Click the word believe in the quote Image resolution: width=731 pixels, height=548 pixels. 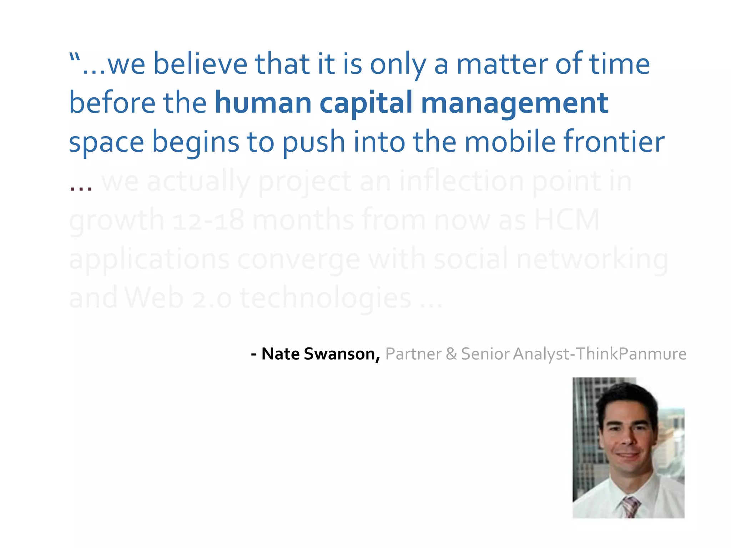(x=200, y=64)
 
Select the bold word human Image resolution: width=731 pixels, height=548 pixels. (x=263, y=103)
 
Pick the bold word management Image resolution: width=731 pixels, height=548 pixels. (x=514, y=103)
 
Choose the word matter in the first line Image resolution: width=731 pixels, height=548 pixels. (x=501, y=64)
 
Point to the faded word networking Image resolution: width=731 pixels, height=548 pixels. (x=592, y=260)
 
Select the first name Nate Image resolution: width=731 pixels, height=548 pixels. (x=281, y=354)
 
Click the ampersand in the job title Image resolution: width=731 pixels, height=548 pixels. (x=451, y=354)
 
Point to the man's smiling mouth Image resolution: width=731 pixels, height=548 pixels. (x=628, y=456)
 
